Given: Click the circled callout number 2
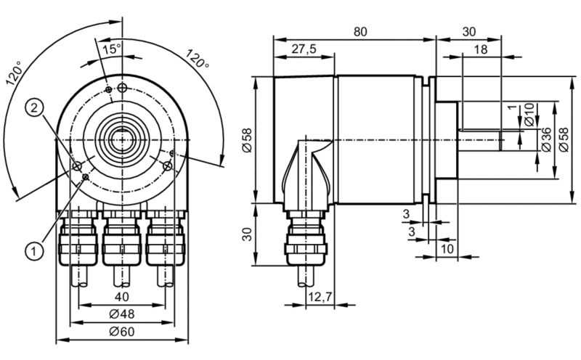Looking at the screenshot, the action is (x=34, y=108).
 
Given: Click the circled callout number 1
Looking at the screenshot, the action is (x=34, y=252).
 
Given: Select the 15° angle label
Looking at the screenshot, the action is (x=112, y=49).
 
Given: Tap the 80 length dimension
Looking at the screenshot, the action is (x=360, y=32).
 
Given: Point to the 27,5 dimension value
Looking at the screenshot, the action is (x=304, y=49).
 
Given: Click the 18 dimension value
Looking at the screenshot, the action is (x=481, y=49).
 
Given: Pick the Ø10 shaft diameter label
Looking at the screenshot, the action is (x=530, y=114).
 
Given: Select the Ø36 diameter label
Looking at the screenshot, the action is (x=546, y=139).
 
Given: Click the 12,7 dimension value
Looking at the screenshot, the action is (x=320, y=297).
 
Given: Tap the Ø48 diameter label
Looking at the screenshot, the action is (x=122, y=314).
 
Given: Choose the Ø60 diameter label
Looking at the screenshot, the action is (x=122, y=332).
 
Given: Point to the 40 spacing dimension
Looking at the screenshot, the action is (x=122, y=297).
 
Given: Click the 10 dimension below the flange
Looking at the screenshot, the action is (x=447, y=248).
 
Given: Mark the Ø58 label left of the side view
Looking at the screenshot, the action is (x=247, y=140).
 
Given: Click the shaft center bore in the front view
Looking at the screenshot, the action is (x=121, y=139).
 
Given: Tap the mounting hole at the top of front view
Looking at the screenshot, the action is (x=122, y=88).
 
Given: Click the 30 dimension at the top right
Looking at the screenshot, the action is (x=468, y=32).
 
